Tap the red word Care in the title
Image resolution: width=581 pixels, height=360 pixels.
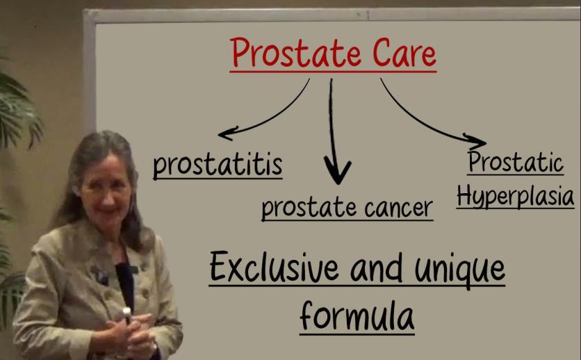[x=404, y=53]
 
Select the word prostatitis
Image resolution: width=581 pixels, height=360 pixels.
[x=218, y=165]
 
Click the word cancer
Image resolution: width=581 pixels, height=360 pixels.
[x=398, y=208]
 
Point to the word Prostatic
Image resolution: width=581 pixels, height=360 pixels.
[x=516, y=162]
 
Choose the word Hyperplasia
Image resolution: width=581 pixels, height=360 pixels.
[x=516, y=195]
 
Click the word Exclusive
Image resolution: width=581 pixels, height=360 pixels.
[x=274, y=267]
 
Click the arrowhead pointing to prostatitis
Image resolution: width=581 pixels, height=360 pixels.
[x=227, y=133]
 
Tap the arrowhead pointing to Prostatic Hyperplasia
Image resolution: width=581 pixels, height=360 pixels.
[x=476, y=142]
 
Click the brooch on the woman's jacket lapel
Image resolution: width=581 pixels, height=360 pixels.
[x=100, y=275]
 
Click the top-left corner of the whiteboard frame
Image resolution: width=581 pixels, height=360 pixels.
[x=85, y=10]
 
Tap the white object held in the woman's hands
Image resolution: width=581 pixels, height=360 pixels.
[x=127, y=314]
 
